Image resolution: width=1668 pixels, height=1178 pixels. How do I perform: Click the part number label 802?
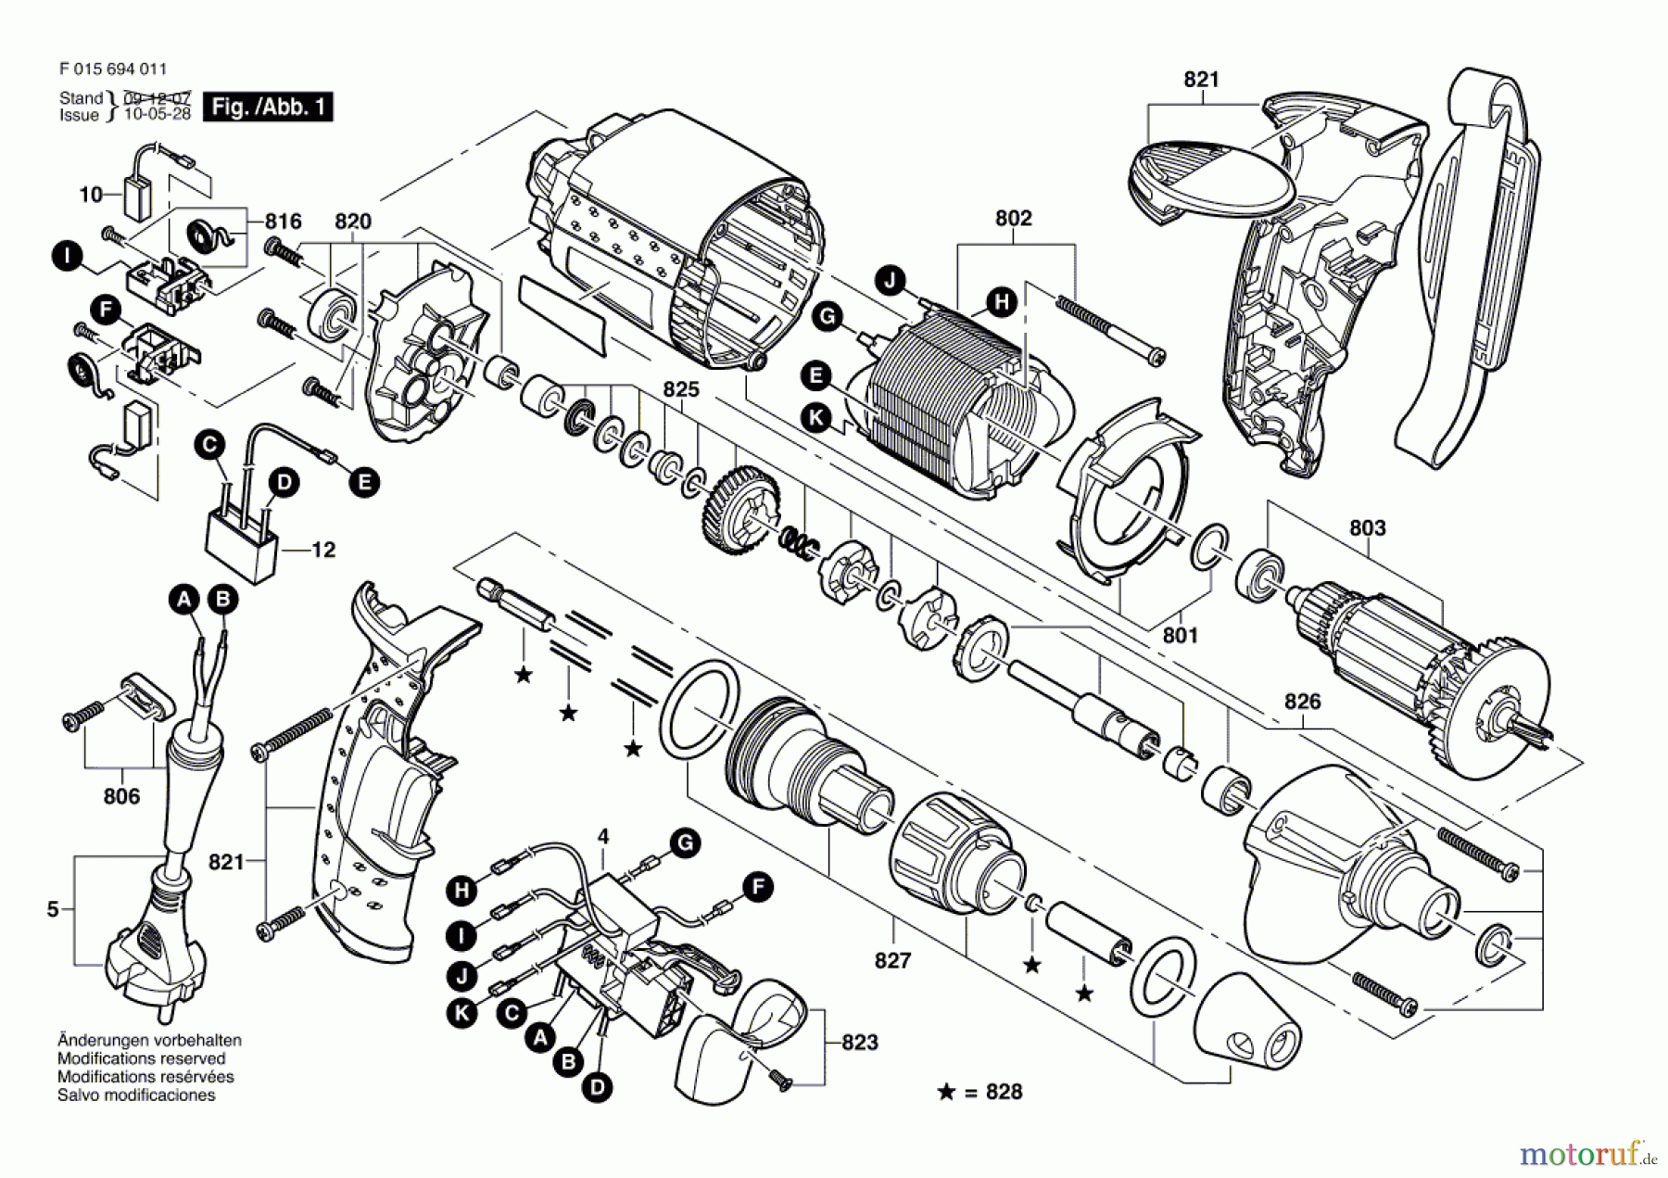tap(1013, 218)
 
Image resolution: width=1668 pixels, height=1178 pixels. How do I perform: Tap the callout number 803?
tap(1367, 527)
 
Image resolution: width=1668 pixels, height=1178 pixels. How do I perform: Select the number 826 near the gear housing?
tap(1302, 702)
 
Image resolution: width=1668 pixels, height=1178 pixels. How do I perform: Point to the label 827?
tap(892, 960)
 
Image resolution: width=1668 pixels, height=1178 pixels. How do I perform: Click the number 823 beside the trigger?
tap(859, 1043)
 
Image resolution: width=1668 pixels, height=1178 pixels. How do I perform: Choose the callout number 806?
tap(121, 796)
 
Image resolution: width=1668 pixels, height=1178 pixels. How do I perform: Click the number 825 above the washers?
tap(680, 389)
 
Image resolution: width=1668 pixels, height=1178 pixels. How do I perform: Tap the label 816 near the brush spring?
tap(283, 221)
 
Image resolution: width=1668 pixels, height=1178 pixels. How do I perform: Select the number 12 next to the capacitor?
tap(322, 550)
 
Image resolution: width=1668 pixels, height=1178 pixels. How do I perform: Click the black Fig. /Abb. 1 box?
tap(268, 107)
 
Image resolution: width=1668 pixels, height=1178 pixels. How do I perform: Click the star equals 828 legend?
tap(980, 1092)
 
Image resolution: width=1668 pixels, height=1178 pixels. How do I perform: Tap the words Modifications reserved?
tap(141, 1058)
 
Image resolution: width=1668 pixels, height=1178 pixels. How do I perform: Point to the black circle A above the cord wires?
tap(184, 600)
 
